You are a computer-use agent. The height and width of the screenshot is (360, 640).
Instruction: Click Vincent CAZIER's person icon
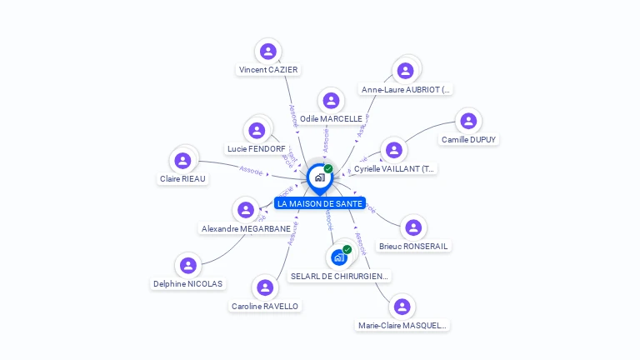pos(267,52)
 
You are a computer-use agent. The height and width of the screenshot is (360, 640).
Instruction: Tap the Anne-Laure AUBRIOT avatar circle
pos(405,71)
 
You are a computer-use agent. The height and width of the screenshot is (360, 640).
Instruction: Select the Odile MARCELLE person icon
pos(331,101)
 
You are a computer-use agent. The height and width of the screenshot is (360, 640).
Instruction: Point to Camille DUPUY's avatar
pos(469,121)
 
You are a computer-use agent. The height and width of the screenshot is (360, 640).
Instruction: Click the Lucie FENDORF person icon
pos(256,131)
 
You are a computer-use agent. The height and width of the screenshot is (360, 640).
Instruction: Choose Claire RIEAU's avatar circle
pos(182,160)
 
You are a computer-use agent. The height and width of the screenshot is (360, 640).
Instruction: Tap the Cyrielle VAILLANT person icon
pos(393,150)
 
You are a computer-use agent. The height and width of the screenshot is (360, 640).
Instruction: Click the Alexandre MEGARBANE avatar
pos(245,210)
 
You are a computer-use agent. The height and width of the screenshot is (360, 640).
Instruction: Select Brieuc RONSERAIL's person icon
pos(412,227)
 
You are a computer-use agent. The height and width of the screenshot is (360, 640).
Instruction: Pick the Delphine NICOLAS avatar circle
pos(187,265)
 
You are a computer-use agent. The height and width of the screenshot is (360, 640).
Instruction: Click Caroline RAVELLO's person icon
pos(264,287)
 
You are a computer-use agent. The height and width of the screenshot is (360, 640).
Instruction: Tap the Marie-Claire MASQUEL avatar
pos(402,307)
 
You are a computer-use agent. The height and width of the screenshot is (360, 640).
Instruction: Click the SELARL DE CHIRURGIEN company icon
pos(339,257)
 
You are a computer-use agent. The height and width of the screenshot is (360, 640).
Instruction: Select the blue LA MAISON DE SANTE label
pos(320,203)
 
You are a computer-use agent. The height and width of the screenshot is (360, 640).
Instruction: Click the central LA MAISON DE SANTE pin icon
pos(319,177)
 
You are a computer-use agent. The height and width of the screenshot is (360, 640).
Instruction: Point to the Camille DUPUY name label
pos(469,140)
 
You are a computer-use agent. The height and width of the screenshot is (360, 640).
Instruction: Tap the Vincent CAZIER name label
pos(268,70)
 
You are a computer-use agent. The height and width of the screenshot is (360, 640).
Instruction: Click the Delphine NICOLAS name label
pos(188,284)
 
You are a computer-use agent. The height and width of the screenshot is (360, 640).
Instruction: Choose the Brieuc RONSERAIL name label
pos(413,247)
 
